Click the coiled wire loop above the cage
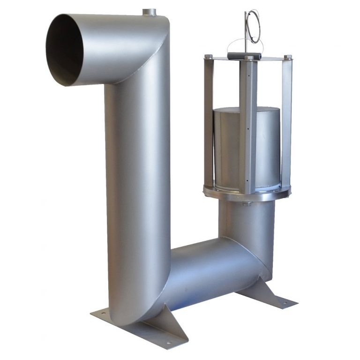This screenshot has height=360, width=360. [254, 27]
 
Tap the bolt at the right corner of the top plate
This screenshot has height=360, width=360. [288, 57]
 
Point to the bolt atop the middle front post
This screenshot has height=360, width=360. [248, 59]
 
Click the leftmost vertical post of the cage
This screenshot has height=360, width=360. [209, 122]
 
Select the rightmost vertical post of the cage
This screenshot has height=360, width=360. [286, 122]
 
